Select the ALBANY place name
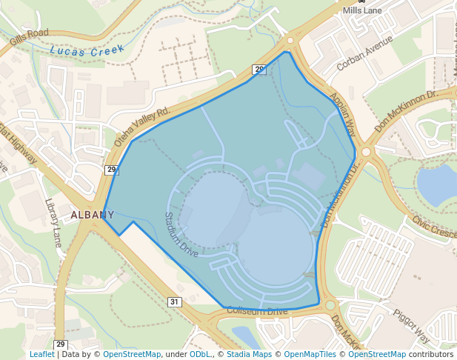point(93,215)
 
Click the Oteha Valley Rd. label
point(143,126)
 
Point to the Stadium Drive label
point(181,235)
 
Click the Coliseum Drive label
point(257,311)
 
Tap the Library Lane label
point(54,222)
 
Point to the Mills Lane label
point(363,11)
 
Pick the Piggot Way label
point(412,325)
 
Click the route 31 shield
point(175,301)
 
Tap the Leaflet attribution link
point(41,354)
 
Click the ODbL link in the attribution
point(201,354)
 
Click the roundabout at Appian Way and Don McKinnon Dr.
point(366,151)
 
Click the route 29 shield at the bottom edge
point(61,344)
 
